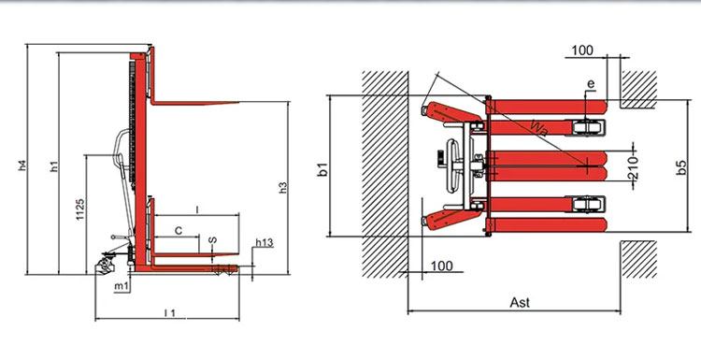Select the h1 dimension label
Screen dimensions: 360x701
(x=55, y=168)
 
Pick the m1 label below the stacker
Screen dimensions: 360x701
(x=122, y=284)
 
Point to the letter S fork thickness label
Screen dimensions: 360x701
(x=213, y=241)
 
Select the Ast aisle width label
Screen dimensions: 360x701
(x=522, y=302)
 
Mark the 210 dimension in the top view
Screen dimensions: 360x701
(x=632, y=168)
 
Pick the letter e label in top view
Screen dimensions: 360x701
(x=591, y=85)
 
